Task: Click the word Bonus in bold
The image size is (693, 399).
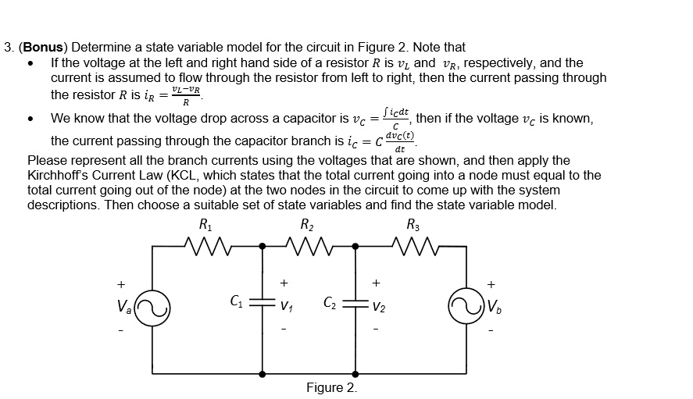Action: coord(41,48)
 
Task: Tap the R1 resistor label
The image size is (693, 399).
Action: coord(204,225)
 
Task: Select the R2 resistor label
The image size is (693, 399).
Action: coord(307,225)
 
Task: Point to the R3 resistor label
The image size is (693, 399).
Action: coord(413,225)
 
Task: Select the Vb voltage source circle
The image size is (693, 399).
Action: coord(466,306)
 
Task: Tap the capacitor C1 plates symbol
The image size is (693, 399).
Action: coord(262,303)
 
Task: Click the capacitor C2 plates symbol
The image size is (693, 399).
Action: coord(356,303)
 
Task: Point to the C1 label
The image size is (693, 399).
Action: coord(237,299)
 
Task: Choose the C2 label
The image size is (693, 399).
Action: coord(331,300)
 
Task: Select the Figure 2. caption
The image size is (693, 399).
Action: coord(331,388)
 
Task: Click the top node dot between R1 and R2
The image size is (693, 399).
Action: coord(262,247)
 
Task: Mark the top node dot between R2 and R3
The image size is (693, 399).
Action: coord(356,247)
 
